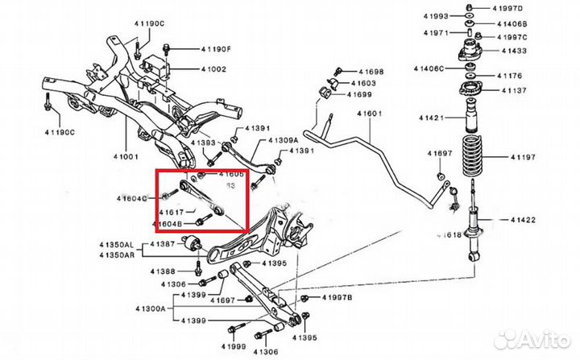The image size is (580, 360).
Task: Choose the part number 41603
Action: tap(362, 84)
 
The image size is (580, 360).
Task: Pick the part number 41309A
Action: tap(287, 141)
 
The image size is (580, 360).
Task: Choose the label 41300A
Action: tap(150, 308)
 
